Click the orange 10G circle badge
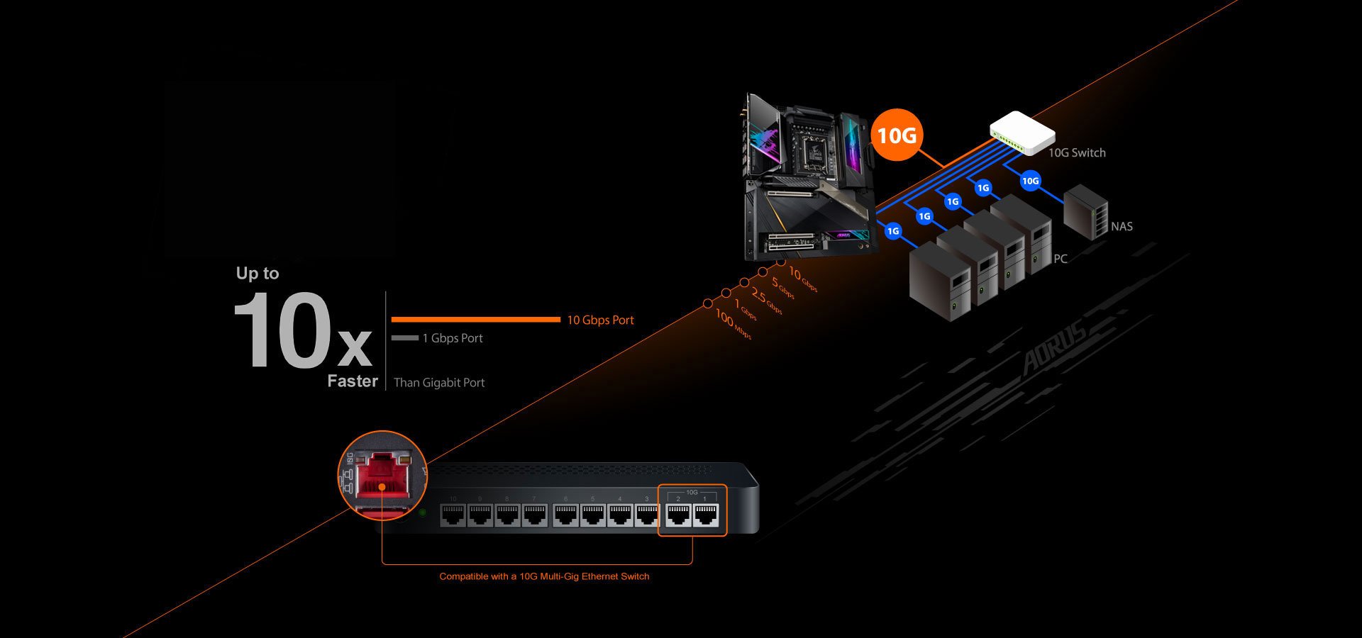click(x=897, y=135)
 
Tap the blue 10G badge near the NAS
click(x=1030, y=181)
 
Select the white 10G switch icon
click(x=1021, y=133)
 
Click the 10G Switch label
click(x=1077, y=152)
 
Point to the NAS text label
click(x=1122, y=227)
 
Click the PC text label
click(x=1061, y=259)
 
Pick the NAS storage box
click(x=1085, y=211)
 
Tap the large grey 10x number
click(x=301, y=331)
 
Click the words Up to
click(x=258, y=274)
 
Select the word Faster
click(x=353, y=381)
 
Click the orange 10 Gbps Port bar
click(x=475, y=320)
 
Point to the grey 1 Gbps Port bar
click(x=404, y=338)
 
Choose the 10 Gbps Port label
click(x=600, y=320)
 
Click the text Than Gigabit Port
click(x=439, y=383)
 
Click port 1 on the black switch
click(x=705, y=515)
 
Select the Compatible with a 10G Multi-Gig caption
click(x=544, y=576)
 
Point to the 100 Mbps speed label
click(x=733, y=323)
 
